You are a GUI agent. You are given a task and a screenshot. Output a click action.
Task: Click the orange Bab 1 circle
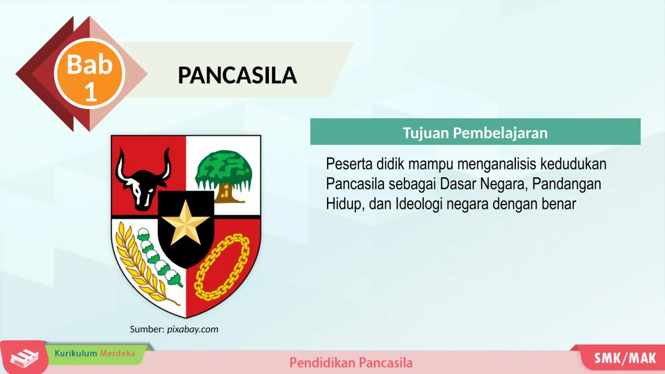point(90,74)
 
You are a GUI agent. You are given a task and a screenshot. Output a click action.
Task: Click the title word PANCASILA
point(237,75)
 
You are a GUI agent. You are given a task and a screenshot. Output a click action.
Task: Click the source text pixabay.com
point(193,330)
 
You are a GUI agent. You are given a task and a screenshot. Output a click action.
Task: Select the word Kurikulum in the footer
point(76,353)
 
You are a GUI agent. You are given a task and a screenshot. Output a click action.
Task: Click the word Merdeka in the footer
point(117,353)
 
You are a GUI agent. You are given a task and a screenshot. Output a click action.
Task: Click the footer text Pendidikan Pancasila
point(351,363)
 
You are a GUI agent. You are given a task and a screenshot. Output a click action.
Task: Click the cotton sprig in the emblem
point(161,255)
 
